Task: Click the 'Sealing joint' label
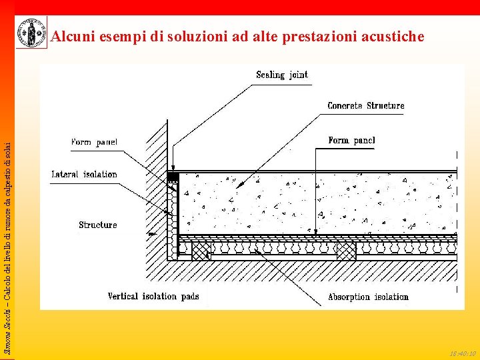[x=282, y=75]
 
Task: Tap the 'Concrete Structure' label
[x=365, y=105]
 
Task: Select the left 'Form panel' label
[x=94, y=142]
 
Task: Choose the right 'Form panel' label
[x=351, y=140]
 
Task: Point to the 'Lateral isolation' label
[x=85, y=174]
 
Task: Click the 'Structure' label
[x=97, y=225]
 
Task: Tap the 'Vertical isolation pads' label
[x=153, y=296]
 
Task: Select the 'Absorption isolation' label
[x=368, y=297]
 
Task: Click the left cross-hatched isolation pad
[x=201, y=251]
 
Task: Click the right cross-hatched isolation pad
[x=346, y=251]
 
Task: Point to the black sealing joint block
[x=173, y=177]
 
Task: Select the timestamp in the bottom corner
[x=462, y=353]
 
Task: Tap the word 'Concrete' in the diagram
[x=345, y=105]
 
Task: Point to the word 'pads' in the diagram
[x=187, y=296]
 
